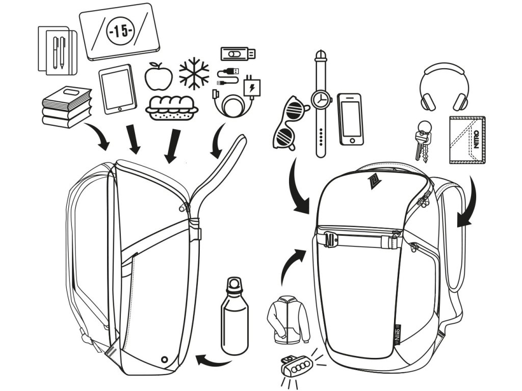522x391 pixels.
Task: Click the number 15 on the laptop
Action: pos(120,31)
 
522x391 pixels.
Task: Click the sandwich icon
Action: pos(171,107)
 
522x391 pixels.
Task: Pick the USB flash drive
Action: pos(238,53)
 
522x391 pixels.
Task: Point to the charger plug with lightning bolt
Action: pos(251,87)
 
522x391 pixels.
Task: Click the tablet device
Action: pos(118,89)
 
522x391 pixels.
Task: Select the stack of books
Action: pos(66,107)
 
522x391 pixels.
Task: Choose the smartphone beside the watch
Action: pos(351,119)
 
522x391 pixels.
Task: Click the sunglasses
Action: pos(289,122)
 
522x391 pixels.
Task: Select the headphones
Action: pos(444,87)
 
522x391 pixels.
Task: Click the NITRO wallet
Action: pos(467,140)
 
